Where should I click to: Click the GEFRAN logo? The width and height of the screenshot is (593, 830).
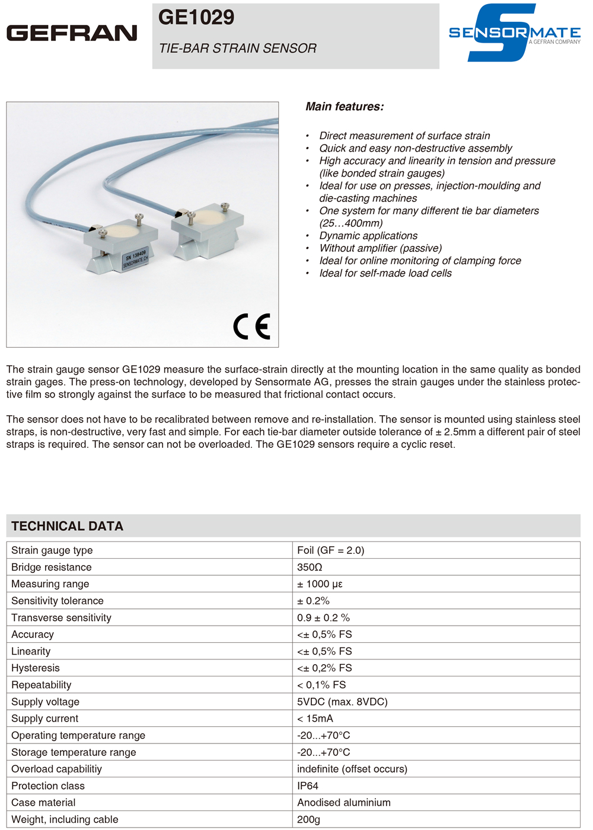72,33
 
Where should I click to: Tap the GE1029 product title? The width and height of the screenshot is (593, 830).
196,17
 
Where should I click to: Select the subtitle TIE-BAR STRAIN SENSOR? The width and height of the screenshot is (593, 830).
238,49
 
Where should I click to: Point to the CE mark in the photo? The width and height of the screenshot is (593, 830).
251,326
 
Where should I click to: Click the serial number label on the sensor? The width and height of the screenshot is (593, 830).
136,258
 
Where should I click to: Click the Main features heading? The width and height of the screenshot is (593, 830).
345,107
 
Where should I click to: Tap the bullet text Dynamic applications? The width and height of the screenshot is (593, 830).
368,236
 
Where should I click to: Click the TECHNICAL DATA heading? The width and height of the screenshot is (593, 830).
67,526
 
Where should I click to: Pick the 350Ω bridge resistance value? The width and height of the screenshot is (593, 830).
310,567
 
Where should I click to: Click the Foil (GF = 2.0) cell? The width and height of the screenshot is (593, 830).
330,550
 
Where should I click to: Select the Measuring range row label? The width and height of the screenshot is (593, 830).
50,584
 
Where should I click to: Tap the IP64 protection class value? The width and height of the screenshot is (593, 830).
308,786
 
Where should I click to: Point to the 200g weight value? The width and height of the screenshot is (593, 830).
308,819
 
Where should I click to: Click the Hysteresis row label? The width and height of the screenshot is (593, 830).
36,668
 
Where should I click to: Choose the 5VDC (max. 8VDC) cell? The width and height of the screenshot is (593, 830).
342,701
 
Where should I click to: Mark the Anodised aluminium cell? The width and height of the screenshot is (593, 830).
344,803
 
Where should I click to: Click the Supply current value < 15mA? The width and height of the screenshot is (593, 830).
315,719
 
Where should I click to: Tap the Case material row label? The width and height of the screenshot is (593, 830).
43,803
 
